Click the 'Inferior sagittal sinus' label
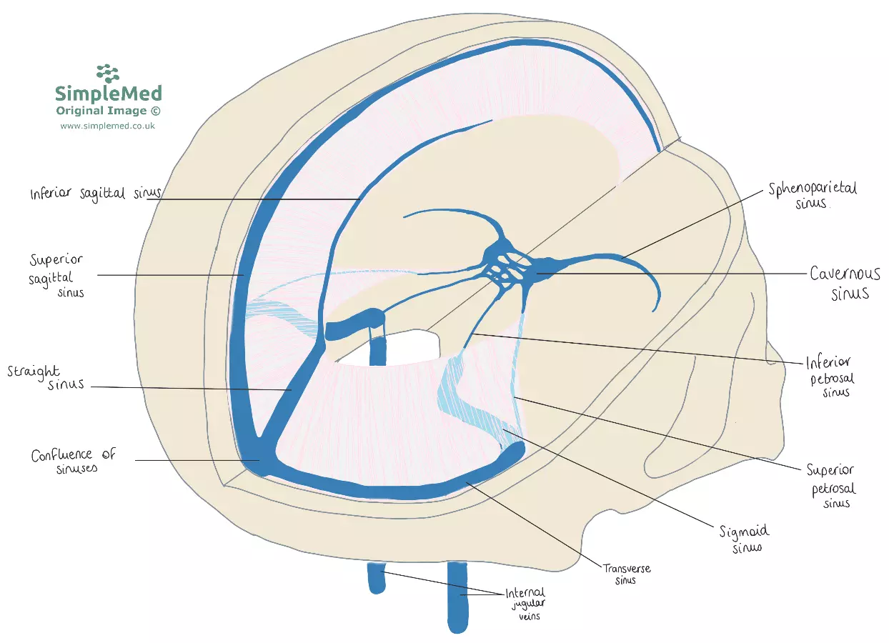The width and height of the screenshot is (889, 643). tap(95, 194)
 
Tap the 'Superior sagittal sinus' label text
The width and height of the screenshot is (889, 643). tap(57, 275)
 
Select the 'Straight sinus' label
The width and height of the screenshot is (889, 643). tap(46, 378)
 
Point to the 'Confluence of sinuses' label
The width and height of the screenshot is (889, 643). tap(73, 462)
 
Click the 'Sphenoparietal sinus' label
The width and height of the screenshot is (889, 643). tap(813, 194)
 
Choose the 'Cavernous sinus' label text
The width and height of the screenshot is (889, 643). tap(845, 283)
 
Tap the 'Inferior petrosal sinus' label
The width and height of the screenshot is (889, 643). tap(828, 377)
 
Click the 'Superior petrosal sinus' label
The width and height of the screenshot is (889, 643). tap(830, 486)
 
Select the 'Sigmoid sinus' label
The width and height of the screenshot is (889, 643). tap(745, 539)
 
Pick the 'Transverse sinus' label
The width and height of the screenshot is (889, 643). tap(626, 574)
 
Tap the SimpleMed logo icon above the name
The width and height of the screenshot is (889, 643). tap(108, 73)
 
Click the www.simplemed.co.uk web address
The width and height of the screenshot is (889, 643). tap(108, 126)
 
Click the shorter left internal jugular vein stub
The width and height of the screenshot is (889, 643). tap(376, 578)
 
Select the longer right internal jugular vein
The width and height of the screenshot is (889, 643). tap(457, 597)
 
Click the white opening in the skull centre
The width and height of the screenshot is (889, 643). tap(407, 348)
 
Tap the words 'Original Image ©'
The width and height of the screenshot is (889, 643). tap(108, 111)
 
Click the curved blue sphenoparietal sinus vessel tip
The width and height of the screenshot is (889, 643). tap(655, 308)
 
